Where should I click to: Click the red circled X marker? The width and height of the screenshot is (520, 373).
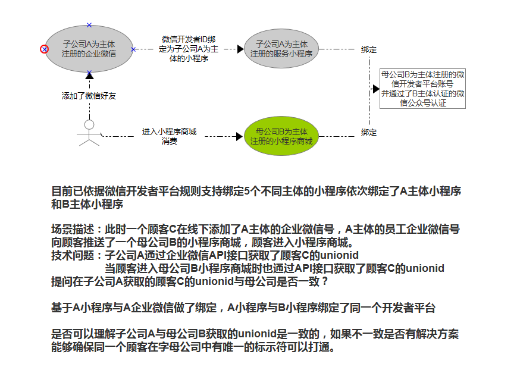[44, 49]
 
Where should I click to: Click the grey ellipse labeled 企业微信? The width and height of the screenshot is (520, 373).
[89, 49]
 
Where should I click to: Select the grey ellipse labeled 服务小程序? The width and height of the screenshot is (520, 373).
[281, 49]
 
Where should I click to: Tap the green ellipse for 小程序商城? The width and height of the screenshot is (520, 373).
[281, 136]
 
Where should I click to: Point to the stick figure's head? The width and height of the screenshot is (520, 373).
[89, 124]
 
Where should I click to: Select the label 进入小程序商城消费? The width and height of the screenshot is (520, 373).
[169, 136]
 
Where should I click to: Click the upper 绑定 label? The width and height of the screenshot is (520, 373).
[369, 49]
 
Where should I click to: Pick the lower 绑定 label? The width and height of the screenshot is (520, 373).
[369, 132]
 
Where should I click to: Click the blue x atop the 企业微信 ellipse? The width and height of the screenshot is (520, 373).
[89, 25]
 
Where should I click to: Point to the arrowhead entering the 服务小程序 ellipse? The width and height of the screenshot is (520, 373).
[240, 49]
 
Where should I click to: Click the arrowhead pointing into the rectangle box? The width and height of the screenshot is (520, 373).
[376, 89]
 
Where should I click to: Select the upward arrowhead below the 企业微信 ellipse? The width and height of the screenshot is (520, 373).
[89, 76]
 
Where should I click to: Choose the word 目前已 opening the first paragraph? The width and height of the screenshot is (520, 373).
[66, 192]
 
